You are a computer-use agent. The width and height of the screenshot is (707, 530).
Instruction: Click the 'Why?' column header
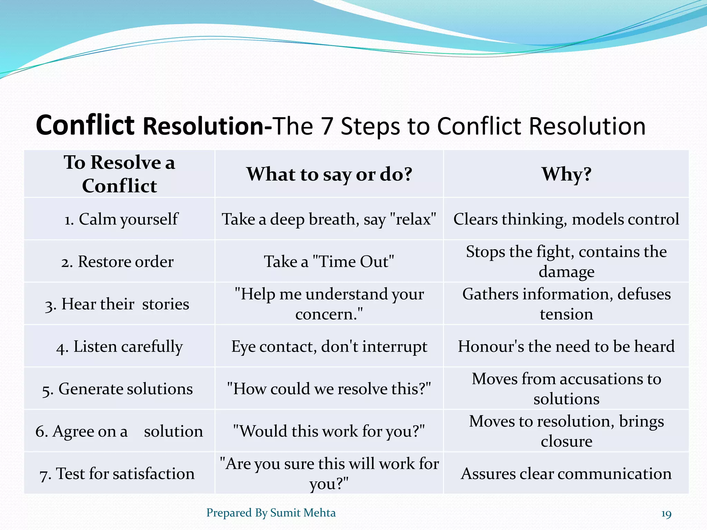(x=566, y=174)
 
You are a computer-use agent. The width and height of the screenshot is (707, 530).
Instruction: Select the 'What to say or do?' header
(x=329, y=174)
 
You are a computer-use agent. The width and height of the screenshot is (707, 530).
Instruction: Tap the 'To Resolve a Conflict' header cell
(x=119, y=174)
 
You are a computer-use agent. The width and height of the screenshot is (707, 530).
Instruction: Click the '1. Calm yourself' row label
(x=121, y=219)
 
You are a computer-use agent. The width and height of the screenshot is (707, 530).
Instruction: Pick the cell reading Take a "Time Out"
(x=329, y=262)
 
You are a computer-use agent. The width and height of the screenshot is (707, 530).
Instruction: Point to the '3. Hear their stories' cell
(x=117, y=304)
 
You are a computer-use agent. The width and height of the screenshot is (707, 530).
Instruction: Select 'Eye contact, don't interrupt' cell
(x=329, y=346)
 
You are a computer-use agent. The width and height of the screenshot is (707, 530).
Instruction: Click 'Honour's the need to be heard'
(x=566, y=346)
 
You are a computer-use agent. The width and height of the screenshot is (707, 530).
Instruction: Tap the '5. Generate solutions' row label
(x=117, y=389)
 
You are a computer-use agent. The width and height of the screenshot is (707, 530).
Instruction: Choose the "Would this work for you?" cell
(x=329, y=431)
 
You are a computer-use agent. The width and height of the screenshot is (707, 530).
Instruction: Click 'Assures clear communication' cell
(x=566, y=474)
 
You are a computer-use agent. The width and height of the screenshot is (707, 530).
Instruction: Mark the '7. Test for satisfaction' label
(x=117, y=474)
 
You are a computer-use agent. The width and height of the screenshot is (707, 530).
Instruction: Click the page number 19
(x=666, y=514)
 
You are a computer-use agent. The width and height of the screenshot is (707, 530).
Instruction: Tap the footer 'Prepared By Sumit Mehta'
(x=271, y=513)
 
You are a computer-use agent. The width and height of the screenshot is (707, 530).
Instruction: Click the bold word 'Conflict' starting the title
(x=85, y=125)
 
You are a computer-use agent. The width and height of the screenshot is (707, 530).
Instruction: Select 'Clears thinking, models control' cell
(x=566, y=219)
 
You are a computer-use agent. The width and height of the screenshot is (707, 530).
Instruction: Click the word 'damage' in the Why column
(x=566, y=272)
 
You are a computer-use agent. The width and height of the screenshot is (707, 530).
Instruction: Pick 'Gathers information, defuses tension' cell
(x=566, y=304)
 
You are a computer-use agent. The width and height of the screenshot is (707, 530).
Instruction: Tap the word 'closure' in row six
(x=566, y=441)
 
